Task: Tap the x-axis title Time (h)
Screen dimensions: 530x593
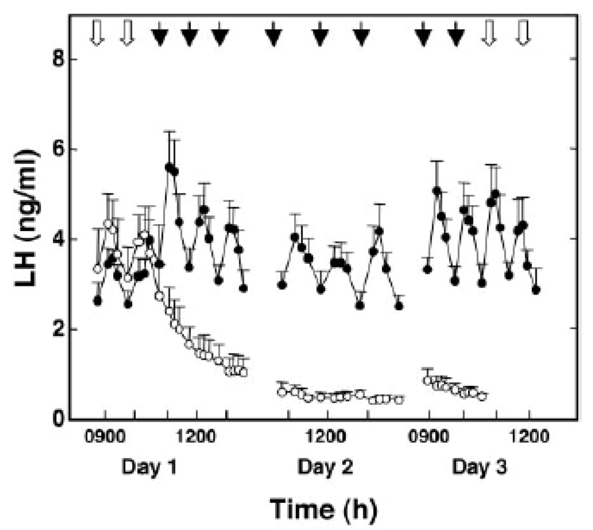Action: [x=322, y=508]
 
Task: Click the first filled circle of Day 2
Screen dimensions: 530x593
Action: [x=282, y=285]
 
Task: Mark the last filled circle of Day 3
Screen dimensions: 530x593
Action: [x=536, y=290]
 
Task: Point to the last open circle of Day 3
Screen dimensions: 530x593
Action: [x=482, y=396]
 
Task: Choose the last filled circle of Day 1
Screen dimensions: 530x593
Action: [x=243, y=288]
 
